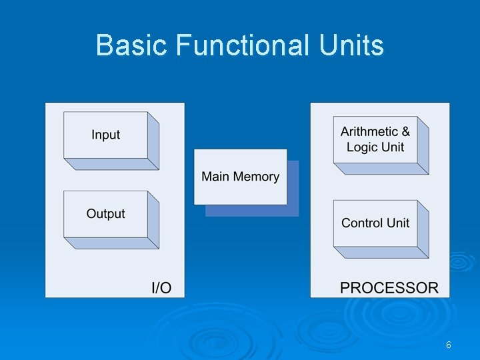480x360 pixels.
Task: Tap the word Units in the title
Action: (351, 46)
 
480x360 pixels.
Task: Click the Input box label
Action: (105, 135)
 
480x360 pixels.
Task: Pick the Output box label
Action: (105, 214)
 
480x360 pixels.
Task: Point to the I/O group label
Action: (161, 288)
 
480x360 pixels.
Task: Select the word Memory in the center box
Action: (256, 177)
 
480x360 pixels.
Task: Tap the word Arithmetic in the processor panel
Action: (369, 132)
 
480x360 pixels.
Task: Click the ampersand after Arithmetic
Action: (405, 132)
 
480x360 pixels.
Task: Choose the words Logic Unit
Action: (375, 147)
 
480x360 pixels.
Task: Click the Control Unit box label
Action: (375, 223)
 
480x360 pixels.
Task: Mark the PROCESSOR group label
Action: (389, 288)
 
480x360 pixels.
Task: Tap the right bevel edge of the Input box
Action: (153, 141)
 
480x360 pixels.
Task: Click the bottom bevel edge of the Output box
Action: (111, 243)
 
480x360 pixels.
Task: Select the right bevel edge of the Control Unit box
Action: (423, 229)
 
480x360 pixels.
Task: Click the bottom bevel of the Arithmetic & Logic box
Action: (381, 169)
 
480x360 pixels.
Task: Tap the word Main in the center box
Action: (215, 177)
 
